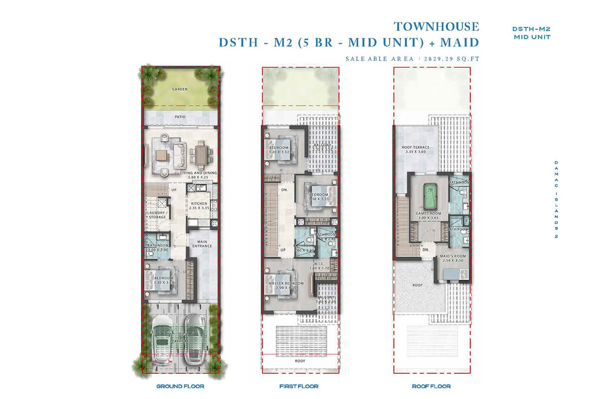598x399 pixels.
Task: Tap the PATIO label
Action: click(x=180, y=117)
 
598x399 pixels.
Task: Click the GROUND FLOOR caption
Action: click(x=180, y=387)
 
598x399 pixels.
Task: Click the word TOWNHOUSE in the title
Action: click(x=436, y=26)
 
